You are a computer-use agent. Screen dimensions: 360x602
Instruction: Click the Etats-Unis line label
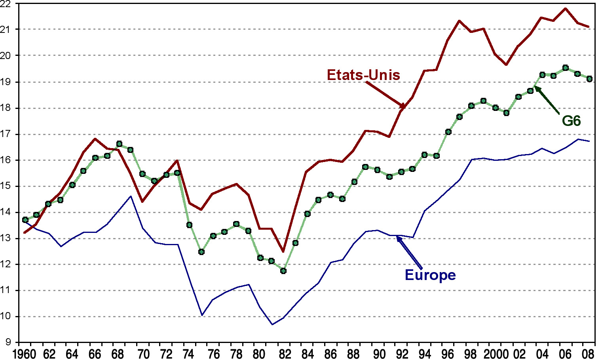click(363, 75)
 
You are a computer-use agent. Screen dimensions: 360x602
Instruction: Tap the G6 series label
click(571, 121)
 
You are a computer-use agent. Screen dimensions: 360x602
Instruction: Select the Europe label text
click(430, 275)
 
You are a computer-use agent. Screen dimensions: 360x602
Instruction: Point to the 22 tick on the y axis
click(8, 4)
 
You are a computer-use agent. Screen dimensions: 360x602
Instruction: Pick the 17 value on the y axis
click(8, 134)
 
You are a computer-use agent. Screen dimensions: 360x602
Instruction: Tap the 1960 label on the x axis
click(25, 354)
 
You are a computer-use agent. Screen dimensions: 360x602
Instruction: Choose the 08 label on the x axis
click(589, 354)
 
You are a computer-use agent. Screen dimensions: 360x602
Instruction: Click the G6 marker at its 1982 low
click(283, 271)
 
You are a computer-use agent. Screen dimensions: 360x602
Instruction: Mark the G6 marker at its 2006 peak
click(566, 68)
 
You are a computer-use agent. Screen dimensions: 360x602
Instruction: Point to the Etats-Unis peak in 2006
click(566, 8)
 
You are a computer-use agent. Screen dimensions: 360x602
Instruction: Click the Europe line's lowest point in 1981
click(272, 324)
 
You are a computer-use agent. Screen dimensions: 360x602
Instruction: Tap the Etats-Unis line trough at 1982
click(283, 251)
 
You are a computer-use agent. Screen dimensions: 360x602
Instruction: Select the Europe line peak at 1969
click(131, 196)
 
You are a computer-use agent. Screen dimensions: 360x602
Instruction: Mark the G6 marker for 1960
click(25, 219)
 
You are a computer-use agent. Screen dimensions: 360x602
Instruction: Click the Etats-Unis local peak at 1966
click(95, 139)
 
